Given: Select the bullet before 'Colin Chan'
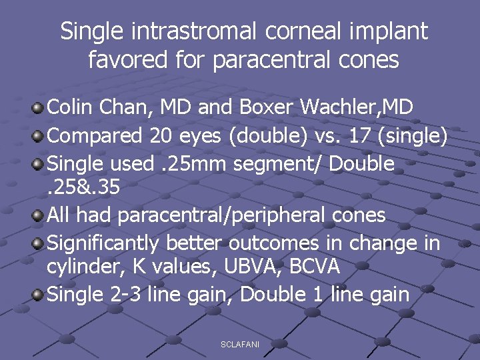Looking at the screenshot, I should tap(39, 107).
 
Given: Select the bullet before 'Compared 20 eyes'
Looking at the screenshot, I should tap(39, 136).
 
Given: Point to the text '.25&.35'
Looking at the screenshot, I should tap(83, 188).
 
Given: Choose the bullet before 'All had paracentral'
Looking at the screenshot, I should tap(39, 216).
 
